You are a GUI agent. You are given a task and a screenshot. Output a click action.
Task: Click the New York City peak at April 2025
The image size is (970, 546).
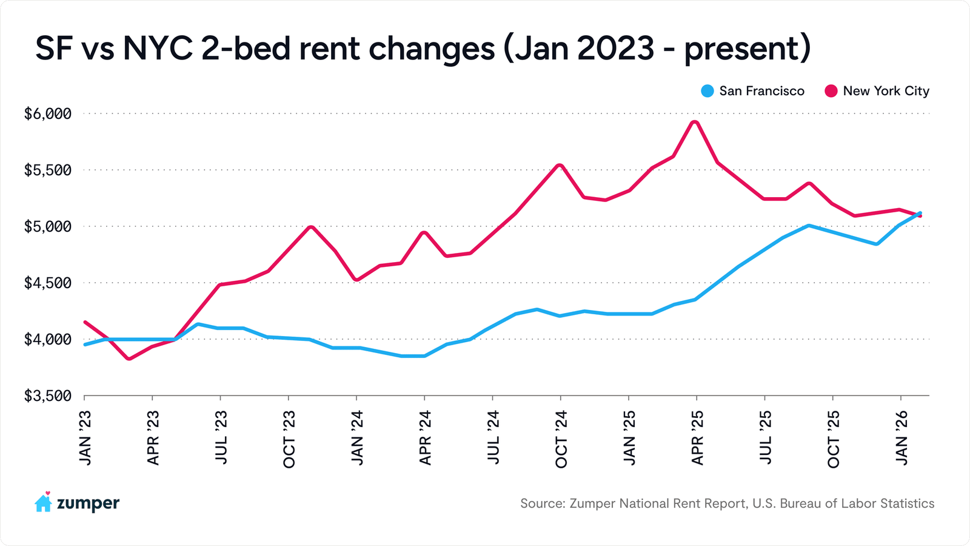point(695,123)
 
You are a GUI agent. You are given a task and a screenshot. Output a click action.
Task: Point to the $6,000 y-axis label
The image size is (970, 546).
point(48,114)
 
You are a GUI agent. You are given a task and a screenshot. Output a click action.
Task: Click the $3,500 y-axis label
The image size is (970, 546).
point(48,396)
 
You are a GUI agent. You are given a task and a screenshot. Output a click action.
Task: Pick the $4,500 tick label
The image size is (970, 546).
point(48,283)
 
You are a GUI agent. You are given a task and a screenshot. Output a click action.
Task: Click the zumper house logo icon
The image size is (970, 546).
point(44,502)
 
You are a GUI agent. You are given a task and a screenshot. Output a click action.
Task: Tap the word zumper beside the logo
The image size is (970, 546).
point(88,504)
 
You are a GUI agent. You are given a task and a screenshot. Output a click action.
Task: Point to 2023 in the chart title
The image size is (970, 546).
point(615,49)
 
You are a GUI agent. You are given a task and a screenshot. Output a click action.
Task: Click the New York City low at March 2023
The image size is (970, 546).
point(129,359)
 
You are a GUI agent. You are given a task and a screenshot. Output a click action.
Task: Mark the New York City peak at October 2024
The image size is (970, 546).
point(560,165)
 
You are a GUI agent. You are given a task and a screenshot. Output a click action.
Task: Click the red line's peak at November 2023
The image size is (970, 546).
point(310,227)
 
